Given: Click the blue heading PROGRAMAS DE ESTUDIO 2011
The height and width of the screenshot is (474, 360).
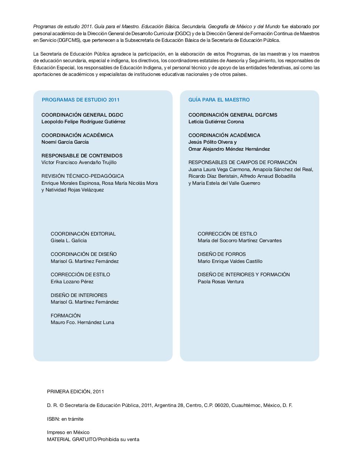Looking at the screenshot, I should (80, 100).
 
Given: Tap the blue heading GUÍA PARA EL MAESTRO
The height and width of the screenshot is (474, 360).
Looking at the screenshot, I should (219, 100).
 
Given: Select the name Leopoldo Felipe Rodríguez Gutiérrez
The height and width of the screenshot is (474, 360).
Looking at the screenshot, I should (83, 122).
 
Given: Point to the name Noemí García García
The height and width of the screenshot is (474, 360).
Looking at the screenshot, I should (65, 142).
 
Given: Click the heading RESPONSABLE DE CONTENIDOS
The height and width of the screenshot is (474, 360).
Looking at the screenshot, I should (82, 156).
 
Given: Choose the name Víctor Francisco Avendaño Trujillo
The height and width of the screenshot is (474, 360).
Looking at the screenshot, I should (79, 163).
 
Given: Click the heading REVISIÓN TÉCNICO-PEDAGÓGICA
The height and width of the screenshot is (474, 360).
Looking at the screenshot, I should (83, 176).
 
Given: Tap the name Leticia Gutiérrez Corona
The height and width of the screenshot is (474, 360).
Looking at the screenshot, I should (216, 122).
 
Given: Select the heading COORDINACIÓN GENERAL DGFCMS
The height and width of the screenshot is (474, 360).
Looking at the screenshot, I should (233, 115).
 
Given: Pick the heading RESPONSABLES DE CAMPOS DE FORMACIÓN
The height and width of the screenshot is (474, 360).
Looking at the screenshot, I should (243, 162).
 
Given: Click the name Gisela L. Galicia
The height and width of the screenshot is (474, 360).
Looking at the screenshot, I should (69, 241).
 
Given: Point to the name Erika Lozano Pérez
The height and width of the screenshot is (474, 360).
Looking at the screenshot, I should (72, 282).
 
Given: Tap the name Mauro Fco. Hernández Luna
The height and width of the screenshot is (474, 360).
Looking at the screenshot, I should (82, 323).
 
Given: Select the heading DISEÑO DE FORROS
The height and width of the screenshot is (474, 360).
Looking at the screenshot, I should (221, 254).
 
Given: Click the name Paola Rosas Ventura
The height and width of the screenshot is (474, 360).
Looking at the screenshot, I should (220, 282).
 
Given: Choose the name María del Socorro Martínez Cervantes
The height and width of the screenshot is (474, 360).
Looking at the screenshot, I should (239, 241).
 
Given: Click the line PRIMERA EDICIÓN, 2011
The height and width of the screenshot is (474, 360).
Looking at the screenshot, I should (76, 391).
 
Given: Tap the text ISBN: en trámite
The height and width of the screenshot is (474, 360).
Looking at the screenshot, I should (65, 419).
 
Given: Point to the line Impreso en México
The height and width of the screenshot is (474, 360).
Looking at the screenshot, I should (68, 433).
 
